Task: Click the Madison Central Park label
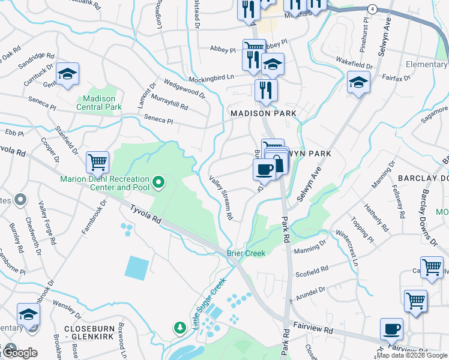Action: tap(99, 103)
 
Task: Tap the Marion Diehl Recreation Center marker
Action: tap(158, 181)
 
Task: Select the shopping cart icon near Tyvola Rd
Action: tap(97, 161)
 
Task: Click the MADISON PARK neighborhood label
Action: tap(264, 113)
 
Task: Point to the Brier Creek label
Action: tap(246, 254)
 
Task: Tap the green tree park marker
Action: tap(179, 328)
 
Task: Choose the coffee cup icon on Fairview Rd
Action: tap(391, 329)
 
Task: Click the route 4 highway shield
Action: tap(373, 9)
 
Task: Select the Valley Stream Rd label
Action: tap(221, 196)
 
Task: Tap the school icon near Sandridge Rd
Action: tap(68, 74)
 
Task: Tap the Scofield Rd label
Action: tap(312, 271)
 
